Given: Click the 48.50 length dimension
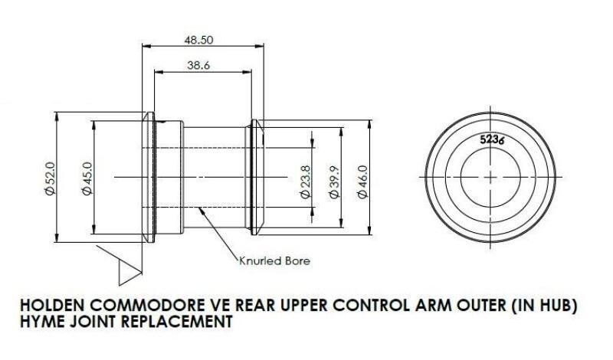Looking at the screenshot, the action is coord(198,41).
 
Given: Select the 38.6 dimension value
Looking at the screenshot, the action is coord(198,65).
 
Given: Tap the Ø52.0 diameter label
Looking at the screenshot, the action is coord(51,178).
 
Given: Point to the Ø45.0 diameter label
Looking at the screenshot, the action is coord(87,178).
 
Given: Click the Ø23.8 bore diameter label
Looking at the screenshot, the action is coord(305,182).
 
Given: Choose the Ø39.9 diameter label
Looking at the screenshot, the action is coord(335,182).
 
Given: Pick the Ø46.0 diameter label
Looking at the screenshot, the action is coord(362,182).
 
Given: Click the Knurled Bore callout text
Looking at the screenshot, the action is coord(274,260).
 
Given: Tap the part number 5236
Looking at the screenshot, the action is coord(492,139).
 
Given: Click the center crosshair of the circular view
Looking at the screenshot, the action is coord(490,178).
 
